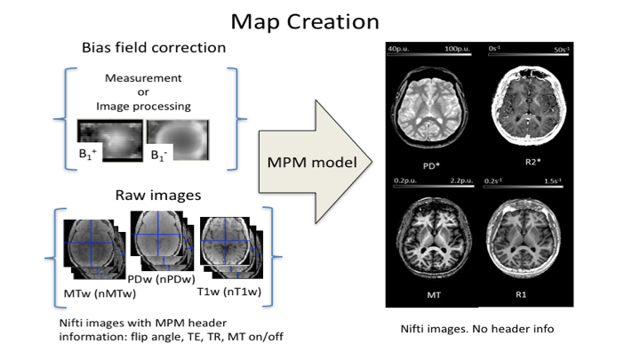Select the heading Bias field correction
(154, 47)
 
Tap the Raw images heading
(152, 195)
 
